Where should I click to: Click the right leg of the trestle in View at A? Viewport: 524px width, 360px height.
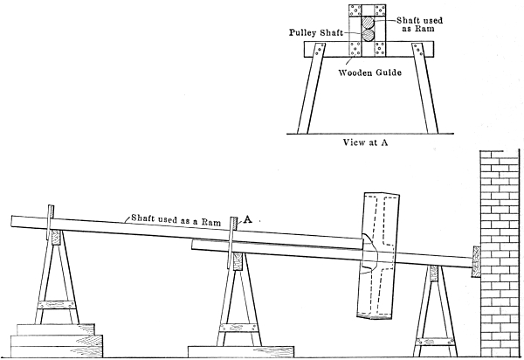pos(428,96)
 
